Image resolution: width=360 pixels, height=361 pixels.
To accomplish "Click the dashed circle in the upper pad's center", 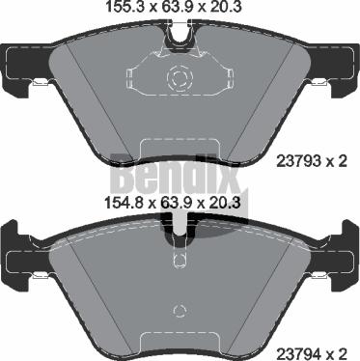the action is click(180, 77).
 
